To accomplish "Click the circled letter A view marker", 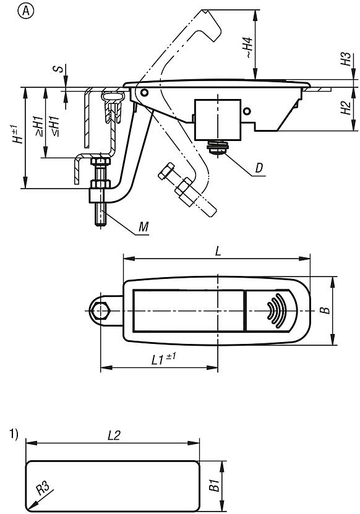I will point(10,10).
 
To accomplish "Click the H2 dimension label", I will point(347,109).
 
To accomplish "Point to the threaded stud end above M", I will point(100,216).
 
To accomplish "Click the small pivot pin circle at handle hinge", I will point(144,93).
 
